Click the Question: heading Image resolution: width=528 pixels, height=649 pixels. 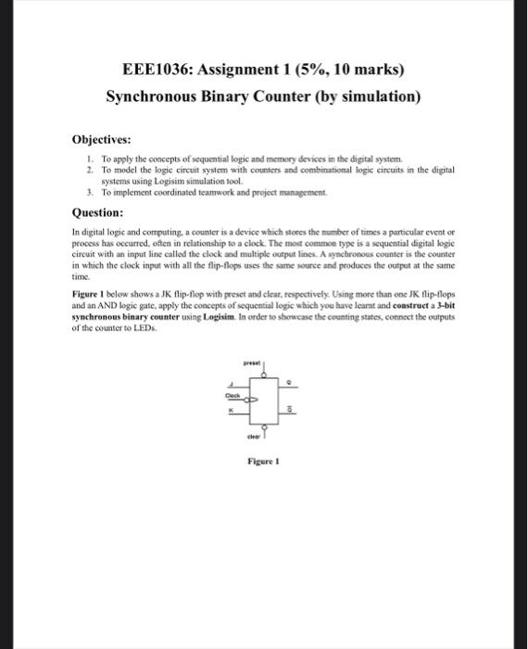coord(98,211)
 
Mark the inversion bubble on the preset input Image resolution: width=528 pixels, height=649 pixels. coord(264,373)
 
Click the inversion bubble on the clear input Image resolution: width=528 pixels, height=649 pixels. coord(264,428)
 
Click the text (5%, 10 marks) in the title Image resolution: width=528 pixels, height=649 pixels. coord(350,70)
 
